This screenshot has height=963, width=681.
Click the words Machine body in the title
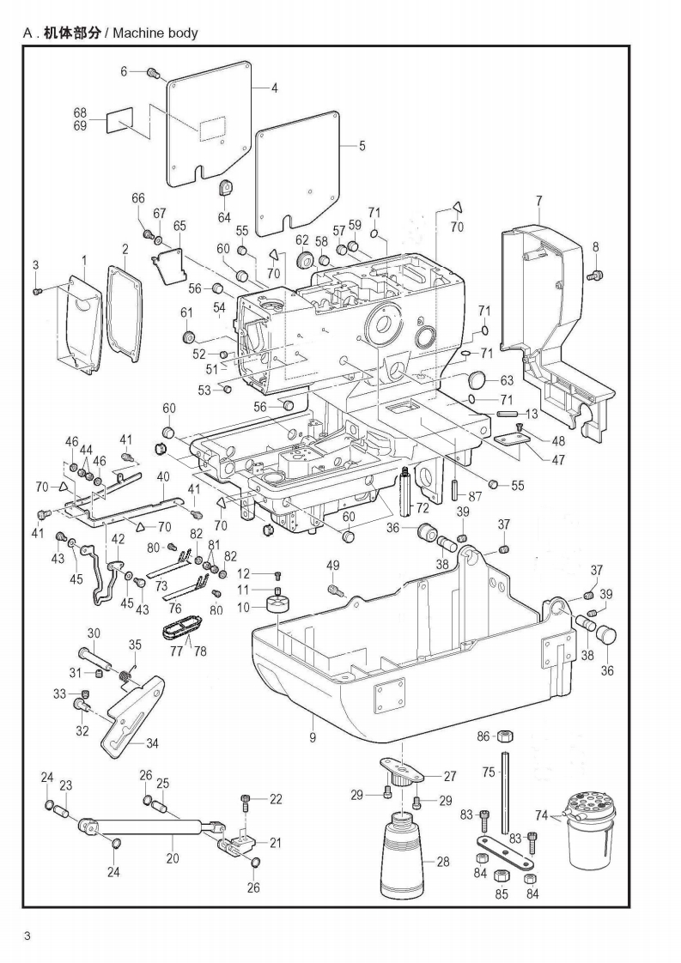[155, 33]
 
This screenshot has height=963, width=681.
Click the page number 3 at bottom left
[27, 935]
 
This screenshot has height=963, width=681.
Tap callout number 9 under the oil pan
[313, 736]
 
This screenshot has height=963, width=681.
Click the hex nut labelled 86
[506, 737]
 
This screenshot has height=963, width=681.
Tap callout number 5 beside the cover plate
[362, 146]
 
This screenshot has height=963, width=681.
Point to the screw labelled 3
[37, 292]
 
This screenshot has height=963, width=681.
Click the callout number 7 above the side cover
[538, 202]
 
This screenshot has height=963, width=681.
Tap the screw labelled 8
[593, 275]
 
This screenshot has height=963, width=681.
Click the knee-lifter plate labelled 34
[133, 712]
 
